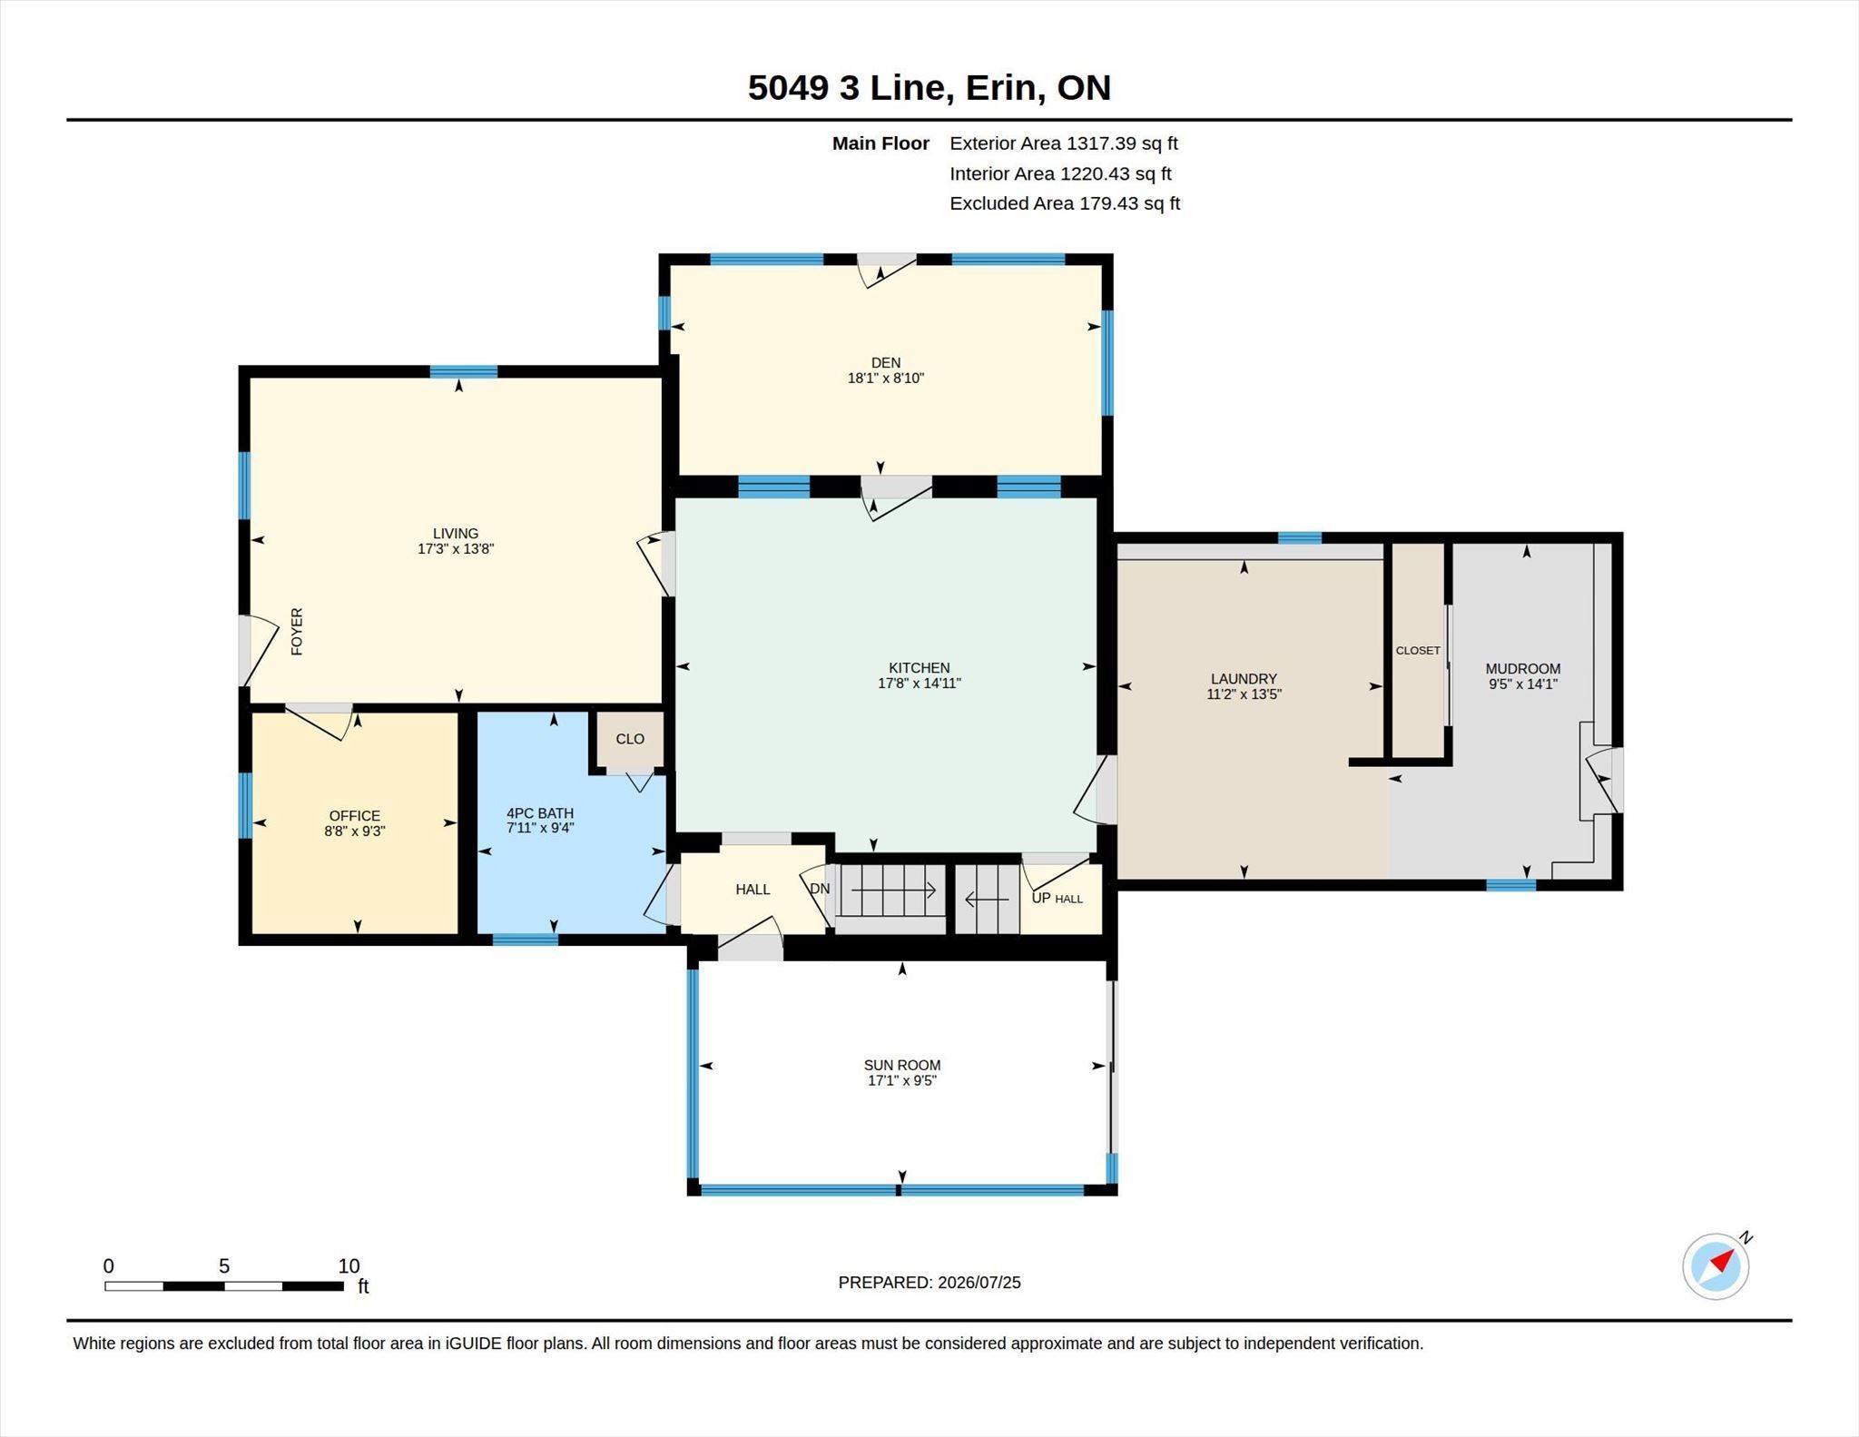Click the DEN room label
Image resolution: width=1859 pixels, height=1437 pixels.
pos(885,362)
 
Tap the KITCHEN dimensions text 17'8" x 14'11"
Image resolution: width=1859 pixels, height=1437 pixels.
pos(919,684)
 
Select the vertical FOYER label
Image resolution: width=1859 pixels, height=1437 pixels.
pos(297,631)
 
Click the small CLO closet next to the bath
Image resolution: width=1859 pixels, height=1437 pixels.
pos(630,739)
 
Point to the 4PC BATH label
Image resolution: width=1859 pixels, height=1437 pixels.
pos(540,813)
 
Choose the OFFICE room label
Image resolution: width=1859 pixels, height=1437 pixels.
pos(355,815)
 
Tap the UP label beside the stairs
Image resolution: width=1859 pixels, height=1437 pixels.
pos(1041,898)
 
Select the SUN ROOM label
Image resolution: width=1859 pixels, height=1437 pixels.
pos(902,1065)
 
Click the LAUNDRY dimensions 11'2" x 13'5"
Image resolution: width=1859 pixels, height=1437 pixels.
pos(1244,694)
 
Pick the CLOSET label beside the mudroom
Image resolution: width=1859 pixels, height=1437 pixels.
pos(1418,650)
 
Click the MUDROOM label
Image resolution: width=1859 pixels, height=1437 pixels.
pos(1523,669)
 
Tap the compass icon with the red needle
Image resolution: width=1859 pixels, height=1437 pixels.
pos(1716,1265)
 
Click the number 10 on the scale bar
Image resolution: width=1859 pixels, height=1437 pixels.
pos(349,1265)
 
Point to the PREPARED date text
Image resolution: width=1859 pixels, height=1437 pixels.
pos(929,1282)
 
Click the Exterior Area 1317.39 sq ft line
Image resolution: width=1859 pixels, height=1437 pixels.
pos(1064,143)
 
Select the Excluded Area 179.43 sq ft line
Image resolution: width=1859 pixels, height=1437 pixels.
pos(1065,203)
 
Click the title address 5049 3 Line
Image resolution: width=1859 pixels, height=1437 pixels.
pos(850,87)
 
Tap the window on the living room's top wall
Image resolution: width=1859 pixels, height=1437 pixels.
pos(463,371)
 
